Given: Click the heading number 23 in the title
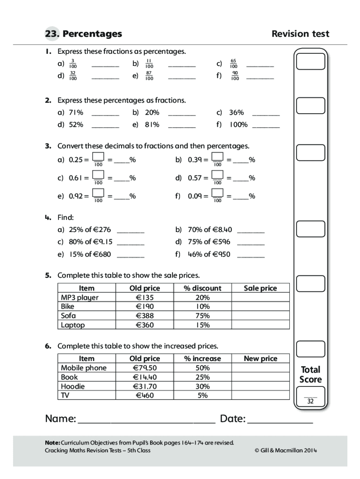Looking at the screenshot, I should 51,34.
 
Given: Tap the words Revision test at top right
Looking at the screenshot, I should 300,34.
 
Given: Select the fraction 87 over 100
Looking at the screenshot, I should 149,75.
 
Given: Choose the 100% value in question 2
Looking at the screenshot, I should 238,124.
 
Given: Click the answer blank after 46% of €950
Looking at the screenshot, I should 251,256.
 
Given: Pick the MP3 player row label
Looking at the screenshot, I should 80,298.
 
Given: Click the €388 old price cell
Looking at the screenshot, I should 144,316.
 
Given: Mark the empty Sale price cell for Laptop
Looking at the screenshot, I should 260,325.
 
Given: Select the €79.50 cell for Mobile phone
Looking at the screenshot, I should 144,368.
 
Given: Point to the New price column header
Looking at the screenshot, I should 260,358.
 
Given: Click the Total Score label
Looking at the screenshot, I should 310,374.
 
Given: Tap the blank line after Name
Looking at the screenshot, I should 146,420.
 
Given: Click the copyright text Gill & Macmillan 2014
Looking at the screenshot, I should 286,450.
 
